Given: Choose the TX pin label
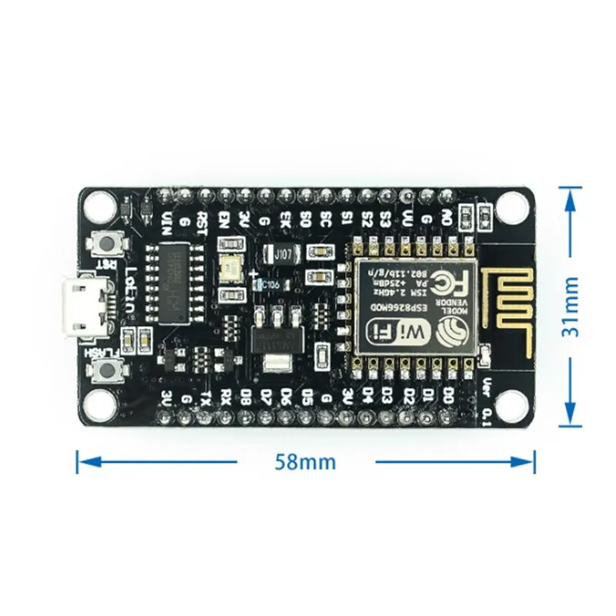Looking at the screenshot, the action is [206, 397].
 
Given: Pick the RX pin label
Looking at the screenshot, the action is [226, 397].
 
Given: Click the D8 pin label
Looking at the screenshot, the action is [246, 397].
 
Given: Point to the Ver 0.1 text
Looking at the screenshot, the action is [486, 401].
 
